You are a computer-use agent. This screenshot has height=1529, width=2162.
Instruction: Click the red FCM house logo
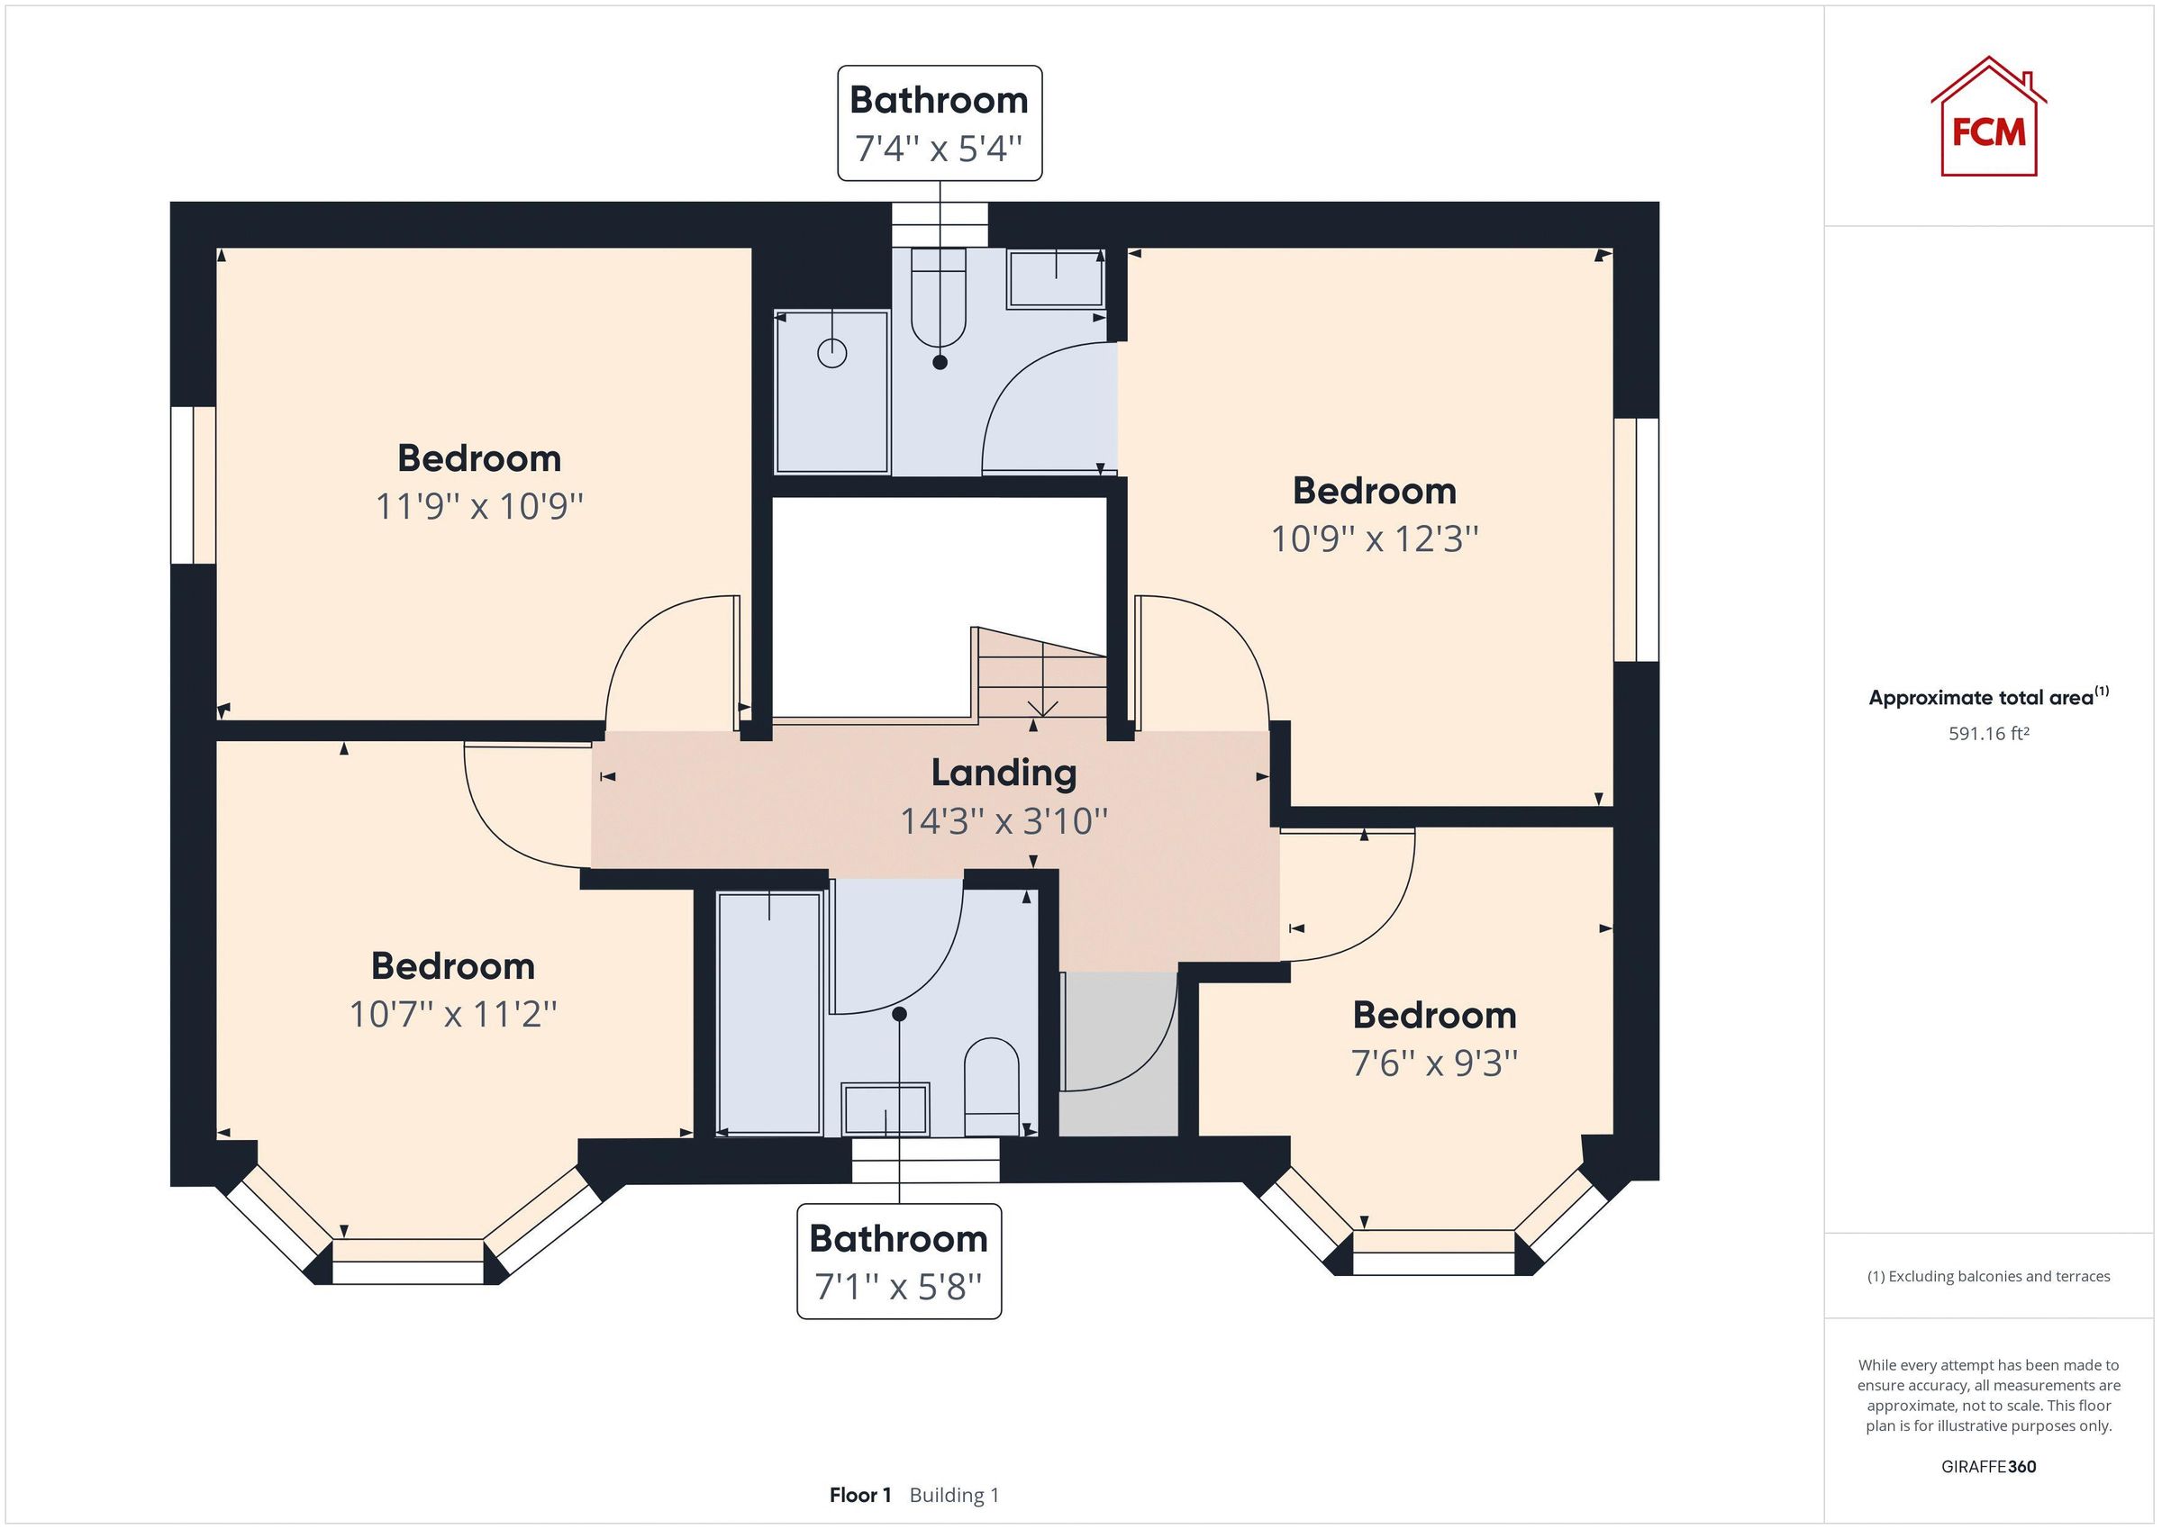tap(1988, 119)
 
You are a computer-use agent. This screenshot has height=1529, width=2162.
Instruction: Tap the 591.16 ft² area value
tap(1988, 733)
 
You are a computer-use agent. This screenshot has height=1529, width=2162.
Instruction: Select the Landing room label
tap(1004, 773)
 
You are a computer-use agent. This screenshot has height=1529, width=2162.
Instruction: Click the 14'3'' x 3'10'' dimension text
tap(1004, 821)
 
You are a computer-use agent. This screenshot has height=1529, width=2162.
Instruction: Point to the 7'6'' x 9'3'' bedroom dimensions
tap(1434, 1063)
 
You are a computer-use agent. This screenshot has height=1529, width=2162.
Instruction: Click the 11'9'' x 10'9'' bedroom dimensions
tap(479, 507)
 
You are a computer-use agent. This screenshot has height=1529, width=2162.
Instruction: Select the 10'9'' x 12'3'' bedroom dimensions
tap(1374, 539)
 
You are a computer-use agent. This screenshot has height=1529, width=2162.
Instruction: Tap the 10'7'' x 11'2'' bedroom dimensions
tap(453, 1015)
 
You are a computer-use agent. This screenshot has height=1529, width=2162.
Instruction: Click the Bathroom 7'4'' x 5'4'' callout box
tap(939, 123)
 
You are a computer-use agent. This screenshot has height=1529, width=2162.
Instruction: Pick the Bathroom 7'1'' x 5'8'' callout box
tap(898, 1262)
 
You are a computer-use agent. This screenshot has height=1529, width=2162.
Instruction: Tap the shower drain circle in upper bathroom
tap(832, 353)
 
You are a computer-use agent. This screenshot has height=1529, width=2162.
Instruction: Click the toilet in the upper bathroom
tap(939, 302)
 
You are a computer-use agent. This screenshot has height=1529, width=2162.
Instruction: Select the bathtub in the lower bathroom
tap(769, 1013)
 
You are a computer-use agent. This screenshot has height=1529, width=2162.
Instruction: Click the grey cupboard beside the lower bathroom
tap(1119, 1054)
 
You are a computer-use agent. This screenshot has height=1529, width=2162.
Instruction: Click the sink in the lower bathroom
tap(886, 1109)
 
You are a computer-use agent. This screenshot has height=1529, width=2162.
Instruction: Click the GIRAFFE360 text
tap(1988, 1467)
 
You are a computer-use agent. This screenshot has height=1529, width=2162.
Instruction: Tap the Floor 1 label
tap(859, 1495)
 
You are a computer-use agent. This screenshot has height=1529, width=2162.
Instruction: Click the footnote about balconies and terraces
tap(1988, 1277)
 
